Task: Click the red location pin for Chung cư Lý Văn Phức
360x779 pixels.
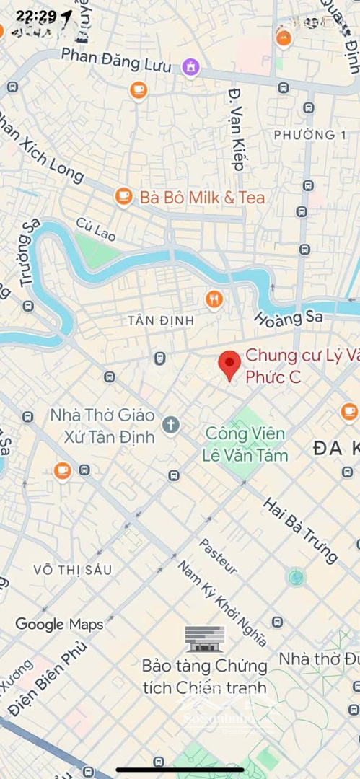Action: click(x=229, y=364)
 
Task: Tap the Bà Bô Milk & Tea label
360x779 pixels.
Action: click(x=202, y=197)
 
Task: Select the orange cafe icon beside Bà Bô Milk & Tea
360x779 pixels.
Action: click(x=124, y=196)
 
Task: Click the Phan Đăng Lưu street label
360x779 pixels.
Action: click(x=116, y=60)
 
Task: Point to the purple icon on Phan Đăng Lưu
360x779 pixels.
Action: click(x=190, y=67)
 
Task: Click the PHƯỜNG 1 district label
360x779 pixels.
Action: click(x=304, y=135)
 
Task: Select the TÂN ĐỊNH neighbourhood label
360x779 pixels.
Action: click(x=152, y=320)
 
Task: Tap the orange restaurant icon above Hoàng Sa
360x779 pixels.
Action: click(x=214, y=299)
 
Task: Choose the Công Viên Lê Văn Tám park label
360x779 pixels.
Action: click(x=245, y=444)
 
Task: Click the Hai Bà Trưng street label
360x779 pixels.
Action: click(x=300, y=529)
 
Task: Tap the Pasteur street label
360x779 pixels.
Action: click(x=218, y=556)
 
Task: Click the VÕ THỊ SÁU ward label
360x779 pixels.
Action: click(x=73, y=570)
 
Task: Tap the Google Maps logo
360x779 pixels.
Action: click(x=59, y=624)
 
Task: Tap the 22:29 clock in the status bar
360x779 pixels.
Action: click(x=36, y=16)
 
